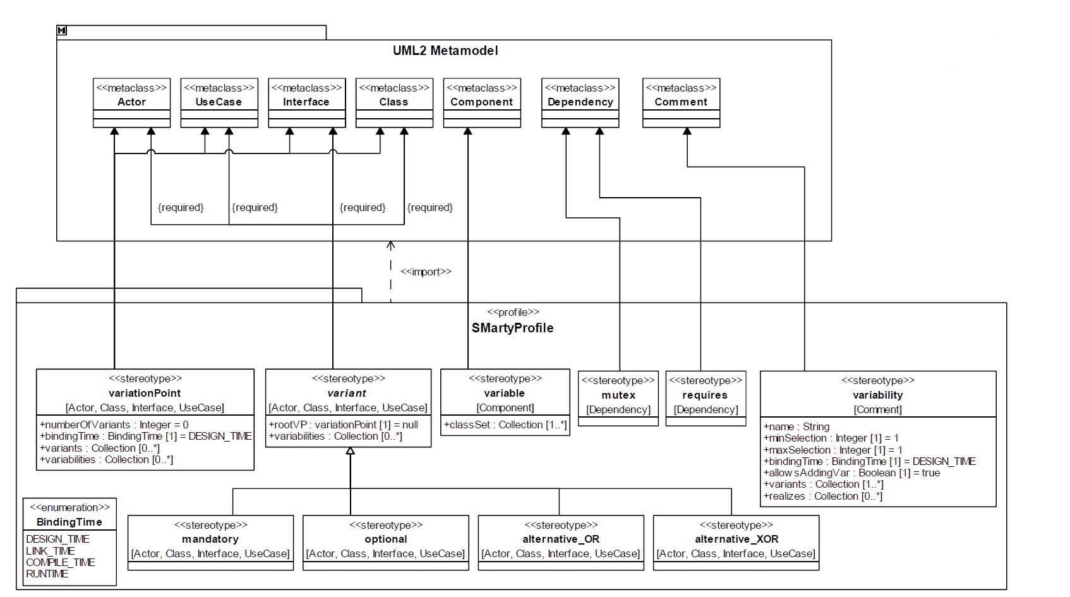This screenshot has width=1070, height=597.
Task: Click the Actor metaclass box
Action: click(x=132, y=103)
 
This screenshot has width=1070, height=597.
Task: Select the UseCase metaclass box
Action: click(x=219, y=103)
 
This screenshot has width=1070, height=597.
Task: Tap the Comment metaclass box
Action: click(x=681, y=103)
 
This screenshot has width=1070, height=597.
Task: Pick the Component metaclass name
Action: click(x=481, y=102)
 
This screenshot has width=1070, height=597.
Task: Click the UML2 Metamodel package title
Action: click(x=445, y=51)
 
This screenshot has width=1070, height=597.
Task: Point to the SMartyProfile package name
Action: click(x=512, y=328)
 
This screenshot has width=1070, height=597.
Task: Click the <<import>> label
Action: click(x=426, y=272)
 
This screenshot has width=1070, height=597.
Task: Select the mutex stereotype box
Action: click(x=618, y=399)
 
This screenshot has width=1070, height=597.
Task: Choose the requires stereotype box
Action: click(x=706, y=399)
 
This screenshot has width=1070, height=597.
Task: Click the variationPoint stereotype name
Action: click(x=145, y=393)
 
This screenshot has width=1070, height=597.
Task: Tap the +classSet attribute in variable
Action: click(x=505, y=425)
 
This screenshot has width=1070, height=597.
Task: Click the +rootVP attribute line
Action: click(x=344, y=425)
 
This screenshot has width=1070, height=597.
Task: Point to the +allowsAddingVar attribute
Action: click(x=851, y=473)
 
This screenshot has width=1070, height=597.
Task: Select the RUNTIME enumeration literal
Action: click(x=47, y=574)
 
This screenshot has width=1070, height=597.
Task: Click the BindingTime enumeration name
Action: click(x=69, y=522)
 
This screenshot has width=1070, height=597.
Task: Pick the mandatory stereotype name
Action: click(x=210, y=540)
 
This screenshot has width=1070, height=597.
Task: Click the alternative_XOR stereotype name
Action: click(x=736, y=540)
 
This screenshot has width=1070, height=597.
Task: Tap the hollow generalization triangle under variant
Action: click(x=350, y=451)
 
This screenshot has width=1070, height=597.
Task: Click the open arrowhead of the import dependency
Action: click(x=391, y=245)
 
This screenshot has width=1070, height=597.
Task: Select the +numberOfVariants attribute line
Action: click(x=114, y=425)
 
